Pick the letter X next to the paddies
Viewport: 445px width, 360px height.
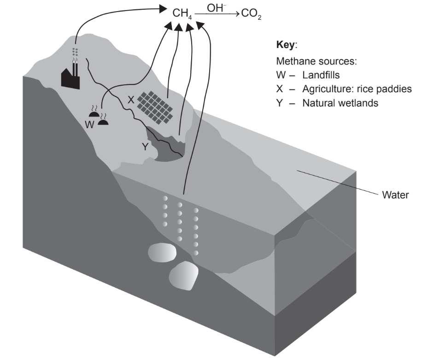tap(131, 98)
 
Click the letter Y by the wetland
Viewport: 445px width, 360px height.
tap(145, 147)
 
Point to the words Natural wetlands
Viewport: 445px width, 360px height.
tap(340, 103)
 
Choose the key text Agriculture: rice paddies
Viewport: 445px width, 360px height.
tap(357, 89)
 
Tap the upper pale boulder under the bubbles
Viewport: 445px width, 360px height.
tap(162, 253)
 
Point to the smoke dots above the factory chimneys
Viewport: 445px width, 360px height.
tap(75, 51)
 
